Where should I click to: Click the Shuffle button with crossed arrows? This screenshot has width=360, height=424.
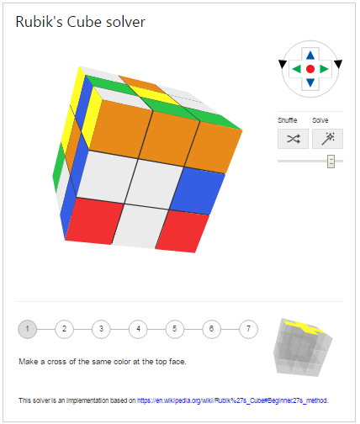[x=293, y=139]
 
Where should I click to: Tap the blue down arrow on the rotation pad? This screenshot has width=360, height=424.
[x=310, y=82]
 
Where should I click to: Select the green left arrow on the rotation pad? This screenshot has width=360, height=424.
[x=296, y=69]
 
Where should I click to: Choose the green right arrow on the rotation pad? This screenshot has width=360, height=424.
[x=325, y=69]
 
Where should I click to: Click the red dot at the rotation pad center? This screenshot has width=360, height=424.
[x=310, y=69]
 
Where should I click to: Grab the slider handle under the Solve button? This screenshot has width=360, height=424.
[x=331, y=161]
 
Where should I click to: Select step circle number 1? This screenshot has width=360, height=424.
[x=28, y=329]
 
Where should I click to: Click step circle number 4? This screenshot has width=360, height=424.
[x=138, y=329]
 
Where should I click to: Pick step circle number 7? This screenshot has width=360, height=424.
[x=248, y=329]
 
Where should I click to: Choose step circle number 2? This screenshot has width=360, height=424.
[x=64, y=329]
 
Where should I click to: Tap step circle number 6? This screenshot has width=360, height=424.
[x=211, y=329]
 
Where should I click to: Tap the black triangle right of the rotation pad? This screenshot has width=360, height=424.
[x=338, y=64]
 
